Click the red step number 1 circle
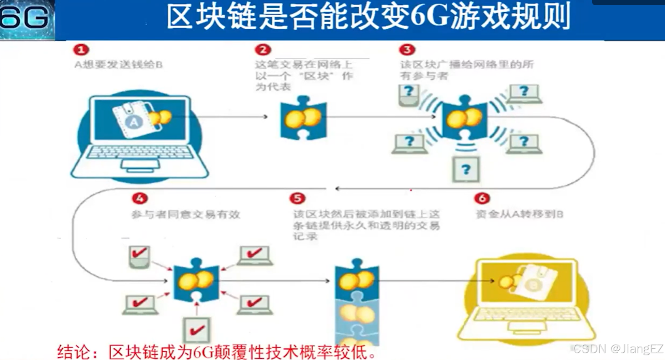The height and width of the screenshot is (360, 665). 81,50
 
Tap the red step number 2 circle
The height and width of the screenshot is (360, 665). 263,50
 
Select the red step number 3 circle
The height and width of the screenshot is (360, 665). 407,50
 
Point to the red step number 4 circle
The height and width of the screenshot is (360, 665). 140,198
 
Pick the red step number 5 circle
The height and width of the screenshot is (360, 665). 297,198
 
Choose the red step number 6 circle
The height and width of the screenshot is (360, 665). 482,198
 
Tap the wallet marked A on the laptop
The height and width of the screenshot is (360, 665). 133,120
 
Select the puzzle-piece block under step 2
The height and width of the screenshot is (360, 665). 304,118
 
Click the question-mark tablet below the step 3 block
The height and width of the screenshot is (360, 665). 466,169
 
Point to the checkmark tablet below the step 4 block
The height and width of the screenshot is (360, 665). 197,330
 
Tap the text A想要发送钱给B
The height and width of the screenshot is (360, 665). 119,65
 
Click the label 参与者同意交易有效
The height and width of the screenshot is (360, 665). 186,214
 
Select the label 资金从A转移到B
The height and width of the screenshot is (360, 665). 519,214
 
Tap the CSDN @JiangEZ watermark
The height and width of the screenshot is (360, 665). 618,349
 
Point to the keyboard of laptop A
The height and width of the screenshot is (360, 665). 140,152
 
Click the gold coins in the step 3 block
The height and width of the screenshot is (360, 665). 464,119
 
